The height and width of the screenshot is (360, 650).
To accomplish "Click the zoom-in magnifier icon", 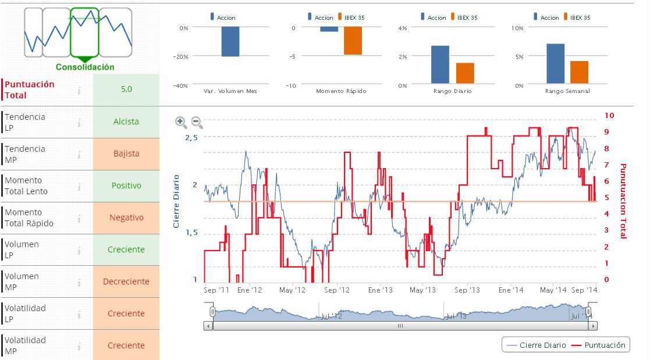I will click(181, 122).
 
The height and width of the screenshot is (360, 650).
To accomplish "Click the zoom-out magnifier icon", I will click(197, 122).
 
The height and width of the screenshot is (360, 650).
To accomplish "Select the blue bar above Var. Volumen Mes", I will click(230, 42).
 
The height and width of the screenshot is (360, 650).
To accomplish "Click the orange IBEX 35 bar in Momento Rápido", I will click(353, 41).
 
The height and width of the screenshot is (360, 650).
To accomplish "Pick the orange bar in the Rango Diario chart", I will click(465, 73).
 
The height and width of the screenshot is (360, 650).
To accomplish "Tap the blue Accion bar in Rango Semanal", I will click(555, 63).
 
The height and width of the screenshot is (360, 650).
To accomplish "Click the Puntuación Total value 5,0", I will click(126, 90).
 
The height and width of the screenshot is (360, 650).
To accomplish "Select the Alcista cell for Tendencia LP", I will click(126, 122).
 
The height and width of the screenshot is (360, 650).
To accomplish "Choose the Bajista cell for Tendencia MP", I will click(126, 154).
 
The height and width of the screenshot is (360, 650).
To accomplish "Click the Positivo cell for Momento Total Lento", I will click(126, 186).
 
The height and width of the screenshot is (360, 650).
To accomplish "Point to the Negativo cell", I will click(126, 218).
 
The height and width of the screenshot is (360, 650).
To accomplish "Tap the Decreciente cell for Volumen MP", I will click(126, 281).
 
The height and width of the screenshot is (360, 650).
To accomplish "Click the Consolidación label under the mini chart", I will click(85, 67).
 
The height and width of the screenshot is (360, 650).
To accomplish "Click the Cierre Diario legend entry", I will click(536, 345).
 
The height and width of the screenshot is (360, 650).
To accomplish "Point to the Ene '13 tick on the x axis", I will click(381, 290).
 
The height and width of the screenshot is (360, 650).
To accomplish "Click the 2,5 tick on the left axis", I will click(191, 137).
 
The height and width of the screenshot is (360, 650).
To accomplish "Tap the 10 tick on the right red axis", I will click(609, 116).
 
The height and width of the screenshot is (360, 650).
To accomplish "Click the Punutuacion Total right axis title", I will click(623, 201).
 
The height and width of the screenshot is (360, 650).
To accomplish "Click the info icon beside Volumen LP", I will click(79, 250).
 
